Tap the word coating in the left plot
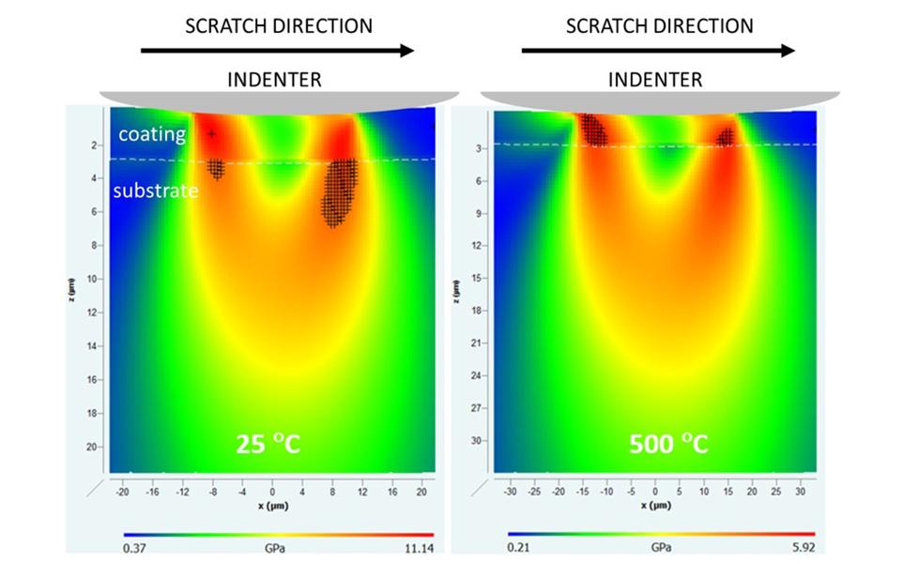coord(152,134)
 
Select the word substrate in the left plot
coord(156,191)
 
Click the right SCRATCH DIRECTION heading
coord(659,25)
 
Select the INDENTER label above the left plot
coord(274,80)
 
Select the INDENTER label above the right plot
coord(655,80)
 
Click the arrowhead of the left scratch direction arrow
coord(406,51)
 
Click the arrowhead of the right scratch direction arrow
coord(788,51)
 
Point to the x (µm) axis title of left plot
coord(271,504)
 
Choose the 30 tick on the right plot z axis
coord(477,439)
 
